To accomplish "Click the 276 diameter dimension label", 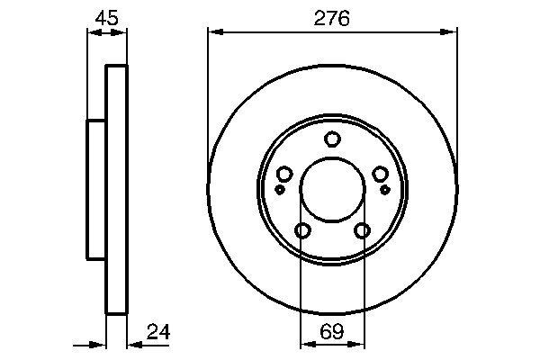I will pos(332,18).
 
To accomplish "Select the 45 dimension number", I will pos(106,18).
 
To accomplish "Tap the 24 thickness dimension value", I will pos(158,333).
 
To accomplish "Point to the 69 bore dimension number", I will pos(332,333).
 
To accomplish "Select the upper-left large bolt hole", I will pos(285,174).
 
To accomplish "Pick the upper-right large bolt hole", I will pos(380,174).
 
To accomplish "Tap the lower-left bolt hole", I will pos(302,231).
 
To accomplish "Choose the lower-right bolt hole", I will pos(363,231).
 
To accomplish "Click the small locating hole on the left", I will pos(280,190).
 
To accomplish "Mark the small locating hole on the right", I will pos(385,190).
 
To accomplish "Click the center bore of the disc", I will pos(332,188).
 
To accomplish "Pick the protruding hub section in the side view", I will pos(96,189).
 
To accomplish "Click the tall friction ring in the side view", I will pos(117,189).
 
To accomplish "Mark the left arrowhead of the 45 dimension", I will pos(92,33).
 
